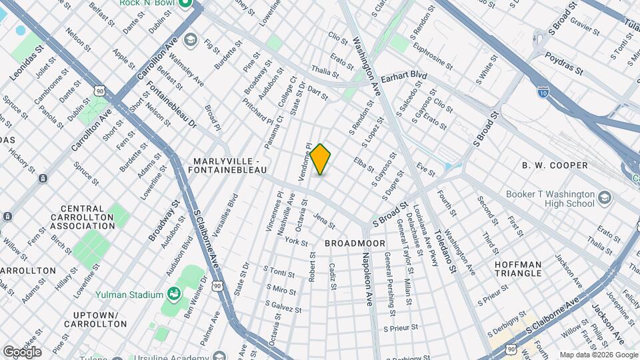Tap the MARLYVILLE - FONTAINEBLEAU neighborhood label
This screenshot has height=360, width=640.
231,166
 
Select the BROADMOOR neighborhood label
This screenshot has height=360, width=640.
355,243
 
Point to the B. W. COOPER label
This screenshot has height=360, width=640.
555,165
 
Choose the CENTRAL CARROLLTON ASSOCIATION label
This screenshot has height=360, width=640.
83,221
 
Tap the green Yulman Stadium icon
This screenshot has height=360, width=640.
174,294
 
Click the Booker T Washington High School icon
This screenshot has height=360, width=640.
605,198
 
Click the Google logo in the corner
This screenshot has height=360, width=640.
22,351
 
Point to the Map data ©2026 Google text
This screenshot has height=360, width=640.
599,355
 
